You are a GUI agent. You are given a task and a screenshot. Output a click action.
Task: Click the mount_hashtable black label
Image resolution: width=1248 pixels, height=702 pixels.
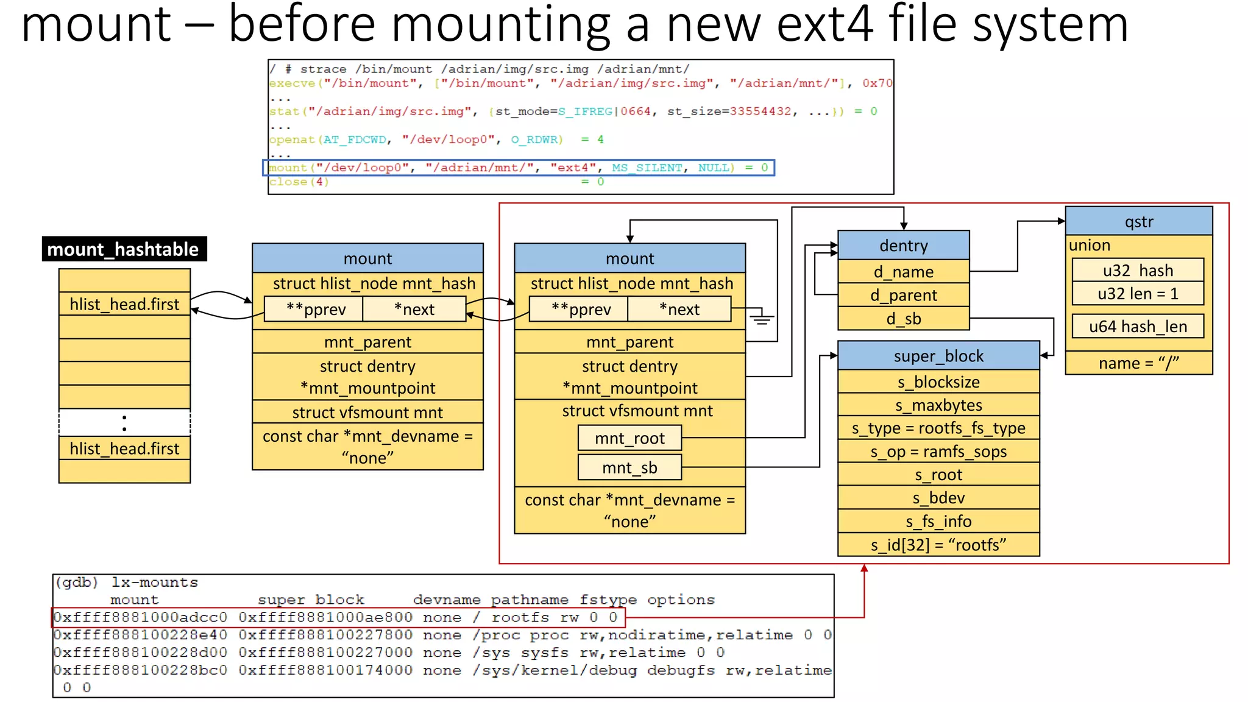pyautogui.click(x=124, y=249)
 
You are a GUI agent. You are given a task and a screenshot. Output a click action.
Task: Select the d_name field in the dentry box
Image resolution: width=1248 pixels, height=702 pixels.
pyautogui.click(x=903, y=272)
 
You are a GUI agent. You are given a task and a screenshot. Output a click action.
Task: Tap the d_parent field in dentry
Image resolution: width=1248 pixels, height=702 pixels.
pyautogui.click(x=903, y=296)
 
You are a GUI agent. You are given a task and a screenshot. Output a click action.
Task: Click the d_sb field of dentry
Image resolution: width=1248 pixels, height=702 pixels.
pyautogui.click(x=903, y=319)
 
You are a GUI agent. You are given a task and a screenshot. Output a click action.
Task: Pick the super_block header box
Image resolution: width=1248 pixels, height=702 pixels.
pyautogui.click(x=938, y=356)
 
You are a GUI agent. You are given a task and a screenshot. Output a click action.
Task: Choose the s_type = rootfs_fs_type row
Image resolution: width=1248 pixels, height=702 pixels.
pyautogui.click(x=938, y=428)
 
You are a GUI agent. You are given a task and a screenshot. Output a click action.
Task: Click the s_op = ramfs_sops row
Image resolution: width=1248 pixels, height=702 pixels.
pyautogui.click(x=938, y=452)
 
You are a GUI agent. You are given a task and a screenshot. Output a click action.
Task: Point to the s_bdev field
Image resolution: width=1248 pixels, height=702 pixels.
pyautogui.click(x=938, y=498)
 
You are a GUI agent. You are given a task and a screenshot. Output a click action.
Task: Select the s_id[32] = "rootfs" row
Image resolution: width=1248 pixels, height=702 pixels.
pyautogui.click(x=938, y=545)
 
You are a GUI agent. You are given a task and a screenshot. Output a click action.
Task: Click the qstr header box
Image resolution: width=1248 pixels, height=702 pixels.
pyautogui.click(x=1138, y=222)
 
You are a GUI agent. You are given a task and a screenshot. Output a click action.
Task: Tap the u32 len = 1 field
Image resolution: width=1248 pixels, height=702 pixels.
pyautogui.click(x=1138, y=294)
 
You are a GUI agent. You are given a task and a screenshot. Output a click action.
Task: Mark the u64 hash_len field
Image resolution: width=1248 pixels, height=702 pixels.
pyautogui.click(x=1138, y=327)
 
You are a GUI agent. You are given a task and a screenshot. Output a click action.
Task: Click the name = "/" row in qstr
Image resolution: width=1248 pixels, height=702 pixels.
pyautogui.click(x=1138, y=363)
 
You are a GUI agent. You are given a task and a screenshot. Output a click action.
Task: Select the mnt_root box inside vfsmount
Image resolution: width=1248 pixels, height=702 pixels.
pyautogui.click(x=629, y=438)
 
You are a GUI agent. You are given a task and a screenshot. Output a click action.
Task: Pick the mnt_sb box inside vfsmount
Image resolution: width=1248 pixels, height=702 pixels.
pyautogui.click(x=629, y=467)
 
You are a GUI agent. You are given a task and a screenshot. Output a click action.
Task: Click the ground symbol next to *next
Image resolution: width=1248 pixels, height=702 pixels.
pyautogui.click(x=761, y=318)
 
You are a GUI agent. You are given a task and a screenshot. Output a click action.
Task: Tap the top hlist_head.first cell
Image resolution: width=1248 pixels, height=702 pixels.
pyautogui.click(x=124, y=304)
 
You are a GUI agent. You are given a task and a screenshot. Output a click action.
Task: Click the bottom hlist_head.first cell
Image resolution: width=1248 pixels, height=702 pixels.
pyautogui.click(x=124, y=448)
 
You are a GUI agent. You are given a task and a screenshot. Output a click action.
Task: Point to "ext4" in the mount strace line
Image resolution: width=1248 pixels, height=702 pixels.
pyautogui.click(x=573, y=168)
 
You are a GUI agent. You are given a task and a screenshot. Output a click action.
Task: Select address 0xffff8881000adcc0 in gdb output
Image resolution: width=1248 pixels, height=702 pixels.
pyautogui.click(x=140, y=617)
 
